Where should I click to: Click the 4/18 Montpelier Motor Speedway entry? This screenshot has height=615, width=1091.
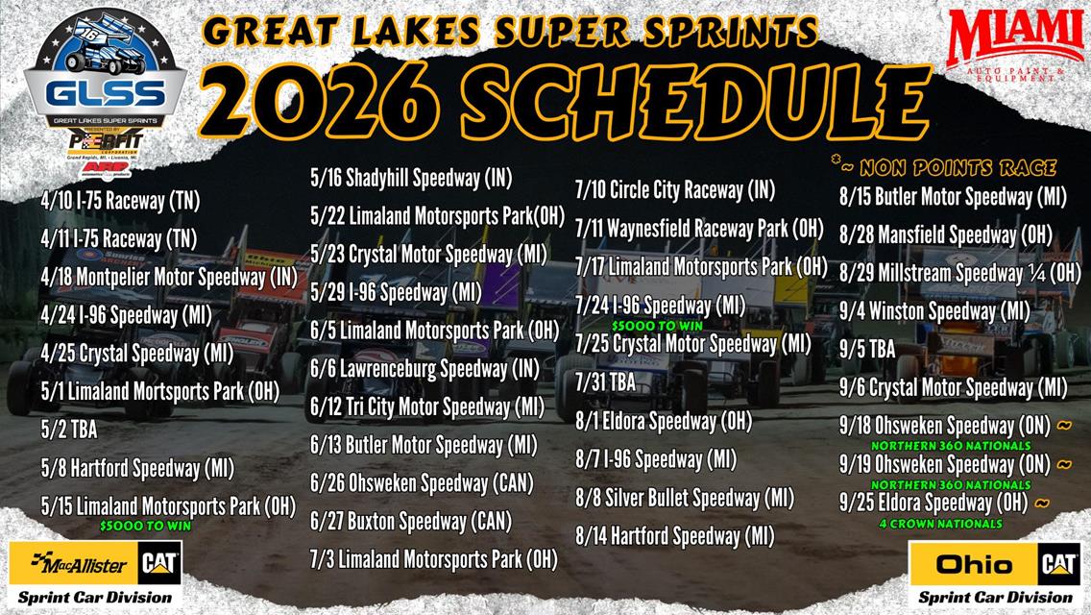click(x=168, y=277)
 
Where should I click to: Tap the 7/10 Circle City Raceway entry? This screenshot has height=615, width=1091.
click(x=674, y=189)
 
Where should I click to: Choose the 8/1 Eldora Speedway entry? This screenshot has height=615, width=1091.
click(x=663, y=420)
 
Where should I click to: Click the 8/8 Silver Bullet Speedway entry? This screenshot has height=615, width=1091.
click(x=684, y=497)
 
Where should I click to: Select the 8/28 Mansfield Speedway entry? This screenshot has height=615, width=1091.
click(x=945, y=234)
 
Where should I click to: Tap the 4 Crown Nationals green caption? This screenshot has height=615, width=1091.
click(x=940, y=524)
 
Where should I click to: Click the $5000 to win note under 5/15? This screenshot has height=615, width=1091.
click(x=145, y=526)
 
